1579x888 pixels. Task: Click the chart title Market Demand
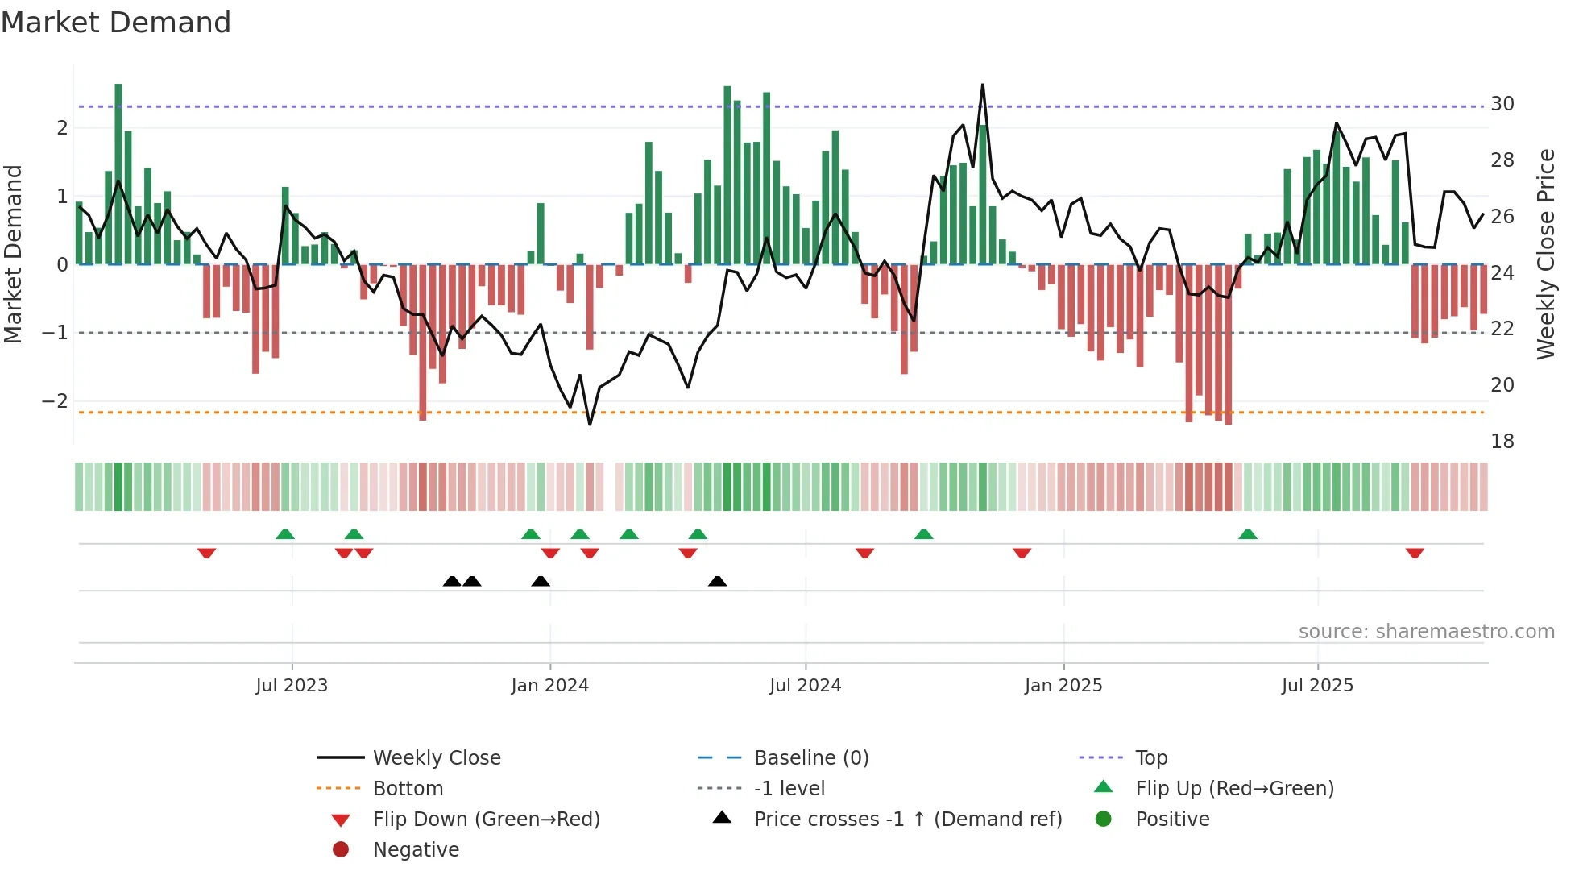116,23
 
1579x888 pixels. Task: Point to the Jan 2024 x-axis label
549,686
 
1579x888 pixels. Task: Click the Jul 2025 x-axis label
1317,686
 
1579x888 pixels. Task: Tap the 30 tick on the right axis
1502,104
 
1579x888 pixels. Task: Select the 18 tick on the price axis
1502,442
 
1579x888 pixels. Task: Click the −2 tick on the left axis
56,401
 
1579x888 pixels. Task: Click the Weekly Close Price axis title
1545,254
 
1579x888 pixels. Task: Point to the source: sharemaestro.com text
1426,632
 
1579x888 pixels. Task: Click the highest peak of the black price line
983,85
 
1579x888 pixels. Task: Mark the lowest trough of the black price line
590,424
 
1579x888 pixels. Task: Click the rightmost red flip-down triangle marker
1415,553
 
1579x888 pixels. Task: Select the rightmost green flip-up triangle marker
1247,534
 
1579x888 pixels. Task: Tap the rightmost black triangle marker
717,581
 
